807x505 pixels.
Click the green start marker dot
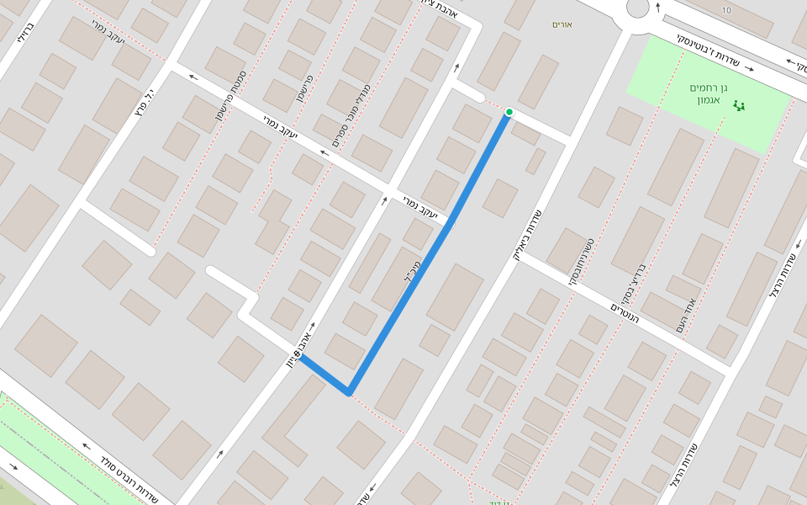(x=509, y=112)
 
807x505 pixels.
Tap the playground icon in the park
(x=740, y=106)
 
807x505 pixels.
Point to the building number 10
(x=726, y=10)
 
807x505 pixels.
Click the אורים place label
(x=562, y=24)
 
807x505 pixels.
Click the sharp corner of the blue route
(x=349, y=392)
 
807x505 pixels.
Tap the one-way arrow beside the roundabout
(x=657, y=7)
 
